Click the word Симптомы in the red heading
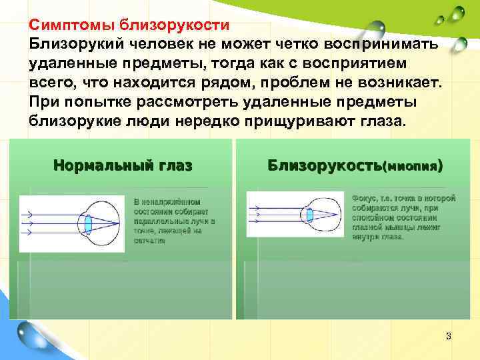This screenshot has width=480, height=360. click(x=71, y=25)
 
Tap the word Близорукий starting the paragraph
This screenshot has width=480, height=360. click(x=72, y=44)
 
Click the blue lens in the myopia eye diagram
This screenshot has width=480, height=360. click(x=309, y=215)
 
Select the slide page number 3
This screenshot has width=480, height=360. click(x=449, y=336)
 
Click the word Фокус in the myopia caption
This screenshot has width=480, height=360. click(x=365, y=199)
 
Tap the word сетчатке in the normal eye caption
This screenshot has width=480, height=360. click(x=151, y=240)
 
